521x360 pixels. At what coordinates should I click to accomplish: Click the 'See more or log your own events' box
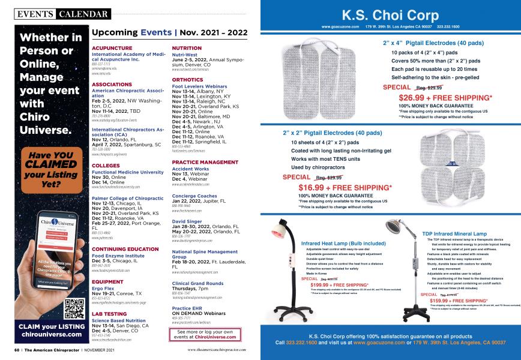tap(206, 335)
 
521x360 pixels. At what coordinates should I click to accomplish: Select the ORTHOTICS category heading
tap(187, 79)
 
